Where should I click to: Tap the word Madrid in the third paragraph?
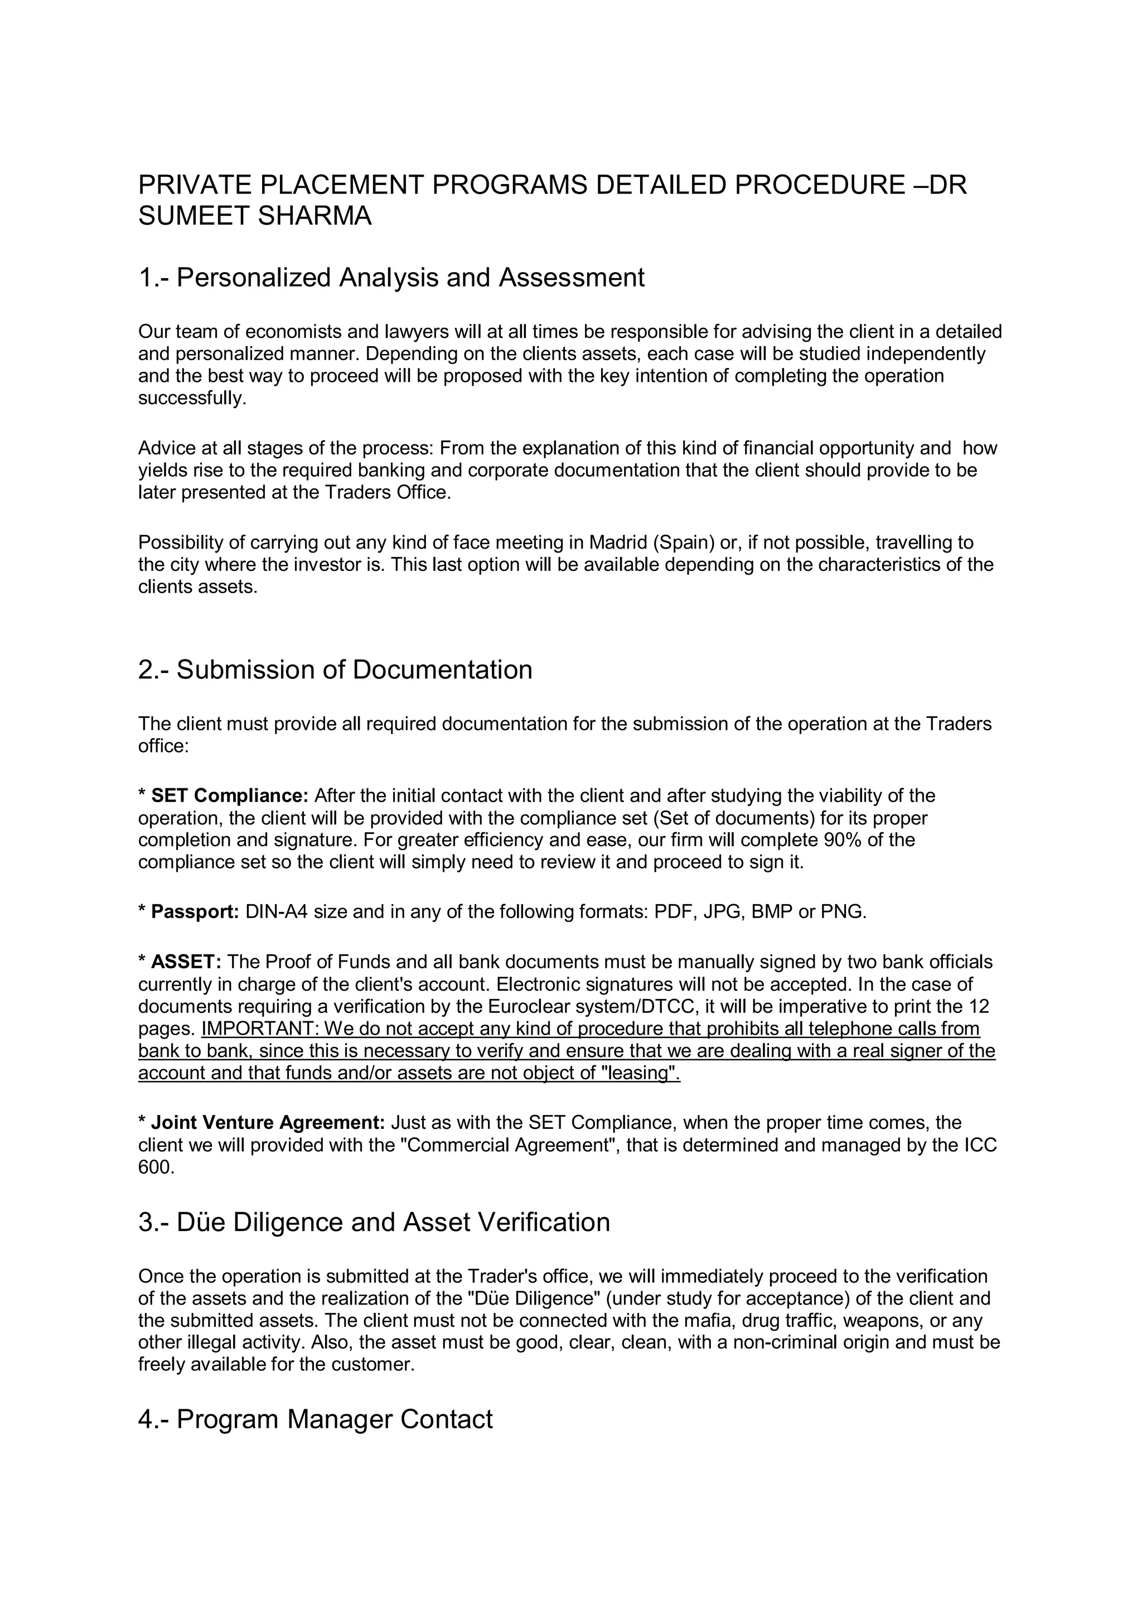[618, 542]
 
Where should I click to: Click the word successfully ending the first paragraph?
[191, 398]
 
